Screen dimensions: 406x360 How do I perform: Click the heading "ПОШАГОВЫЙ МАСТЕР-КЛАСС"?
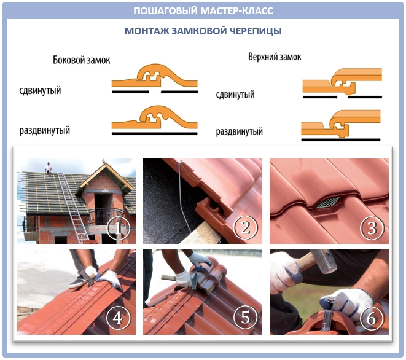(203, 10)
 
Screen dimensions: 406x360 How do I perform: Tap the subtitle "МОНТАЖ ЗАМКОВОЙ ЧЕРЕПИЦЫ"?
(203, 31)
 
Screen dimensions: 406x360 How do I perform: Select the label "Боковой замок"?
(82, 60)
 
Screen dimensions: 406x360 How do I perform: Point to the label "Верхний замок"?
(275, 57)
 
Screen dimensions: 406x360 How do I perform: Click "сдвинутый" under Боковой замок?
(40, 91)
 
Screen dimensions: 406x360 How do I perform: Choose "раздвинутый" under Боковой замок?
(45, 130)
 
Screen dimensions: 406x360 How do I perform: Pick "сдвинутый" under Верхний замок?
(235, 95)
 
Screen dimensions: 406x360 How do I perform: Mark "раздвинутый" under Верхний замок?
(240, 131)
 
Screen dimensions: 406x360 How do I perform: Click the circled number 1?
(118, 228)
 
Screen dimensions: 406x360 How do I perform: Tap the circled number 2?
(246, 227)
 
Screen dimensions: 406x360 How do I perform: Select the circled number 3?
(372, 228)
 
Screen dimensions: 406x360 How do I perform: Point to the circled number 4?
(118, 318)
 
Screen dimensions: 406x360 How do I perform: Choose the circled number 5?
(246, 317)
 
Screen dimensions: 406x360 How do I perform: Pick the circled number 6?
(372, 318)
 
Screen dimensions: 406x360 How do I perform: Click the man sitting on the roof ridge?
(48, 168)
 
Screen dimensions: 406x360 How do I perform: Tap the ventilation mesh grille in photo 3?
(327, 203)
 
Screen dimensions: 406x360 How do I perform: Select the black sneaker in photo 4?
(77, 282)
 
